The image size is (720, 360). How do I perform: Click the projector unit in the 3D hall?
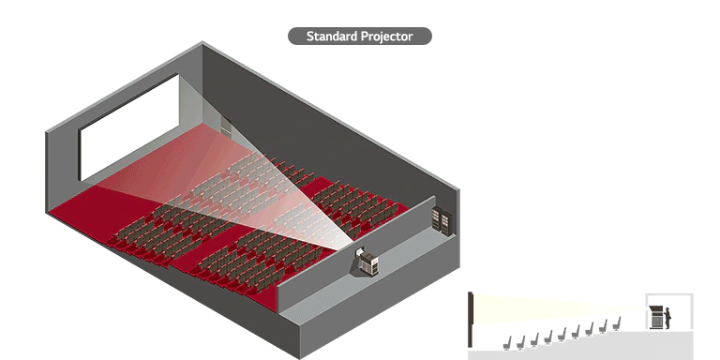point(366,262)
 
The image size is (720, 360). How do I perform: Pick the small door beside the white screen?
point(224,129)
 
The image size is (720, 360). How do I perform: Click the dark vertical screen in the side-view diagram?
point(469,319)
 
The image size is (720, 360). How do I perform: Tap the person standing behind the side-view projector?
point(669,317)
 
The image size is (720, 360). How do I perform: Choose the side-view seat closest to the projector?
point(618,322)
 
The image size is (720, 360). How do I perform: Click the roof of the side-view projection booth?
point(667,297)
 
